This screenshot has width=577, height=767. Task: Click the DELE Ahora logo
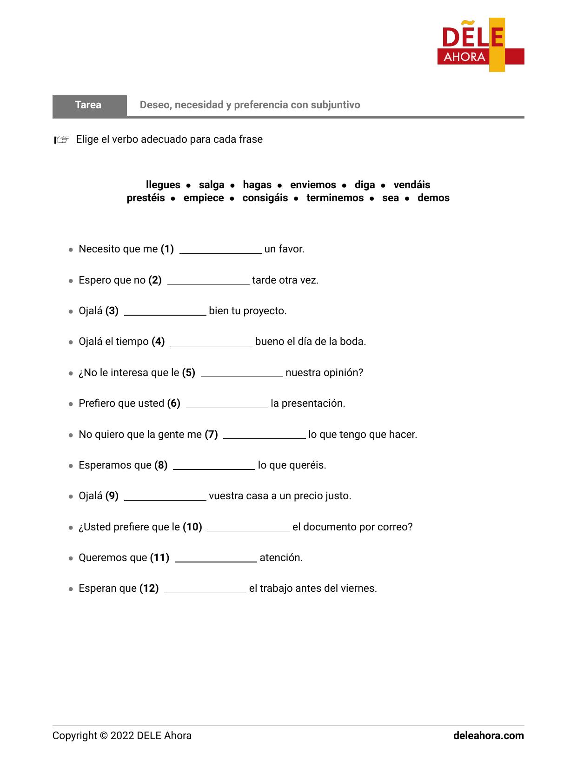480,45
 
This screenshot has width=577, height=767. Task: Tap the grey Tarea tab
89,105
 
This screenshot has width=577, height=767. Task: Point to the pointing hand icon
62,139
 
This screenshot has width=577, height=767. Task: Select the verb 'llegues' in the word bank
163,185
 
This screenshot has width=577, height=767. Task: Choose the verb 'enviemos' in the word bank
313,185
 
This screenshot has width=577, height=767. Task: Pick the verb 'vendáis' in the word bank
411,185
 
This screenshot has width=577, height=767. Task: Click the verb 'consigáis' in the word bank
265,198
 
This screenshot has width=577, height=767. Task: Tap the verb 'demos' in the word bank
433,198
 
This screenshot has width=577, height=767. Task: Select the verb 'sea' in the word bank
391,198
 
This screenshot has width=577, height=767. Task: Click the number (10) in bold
192,527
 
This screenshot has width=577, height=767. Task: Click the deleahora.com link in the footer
488,736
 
